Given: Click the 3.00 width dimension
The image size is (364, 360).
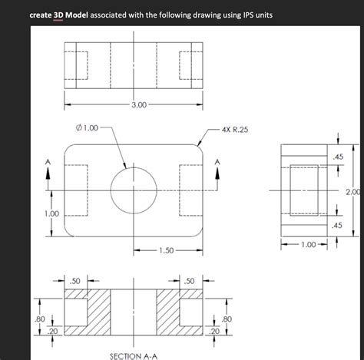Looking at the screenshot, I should [x=139, y=104].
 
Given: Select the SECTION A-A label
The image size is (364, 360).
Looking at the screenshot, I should [x=134, y=356].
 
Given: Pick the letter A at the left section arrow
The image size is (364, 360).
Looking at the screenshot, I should [x=48, y=161].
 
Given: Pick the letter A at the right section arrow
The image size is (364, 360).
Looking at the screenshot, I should [x=218, y=161].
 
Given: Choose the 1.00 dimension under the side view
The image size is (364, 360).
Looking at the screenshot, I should [x=308, y=245].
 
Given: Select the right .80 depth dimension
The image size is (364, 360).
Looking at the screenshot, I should [x=226, y=318].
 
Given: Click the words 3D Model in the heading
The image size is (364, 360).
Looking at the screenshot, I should [x=68, y=15].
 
